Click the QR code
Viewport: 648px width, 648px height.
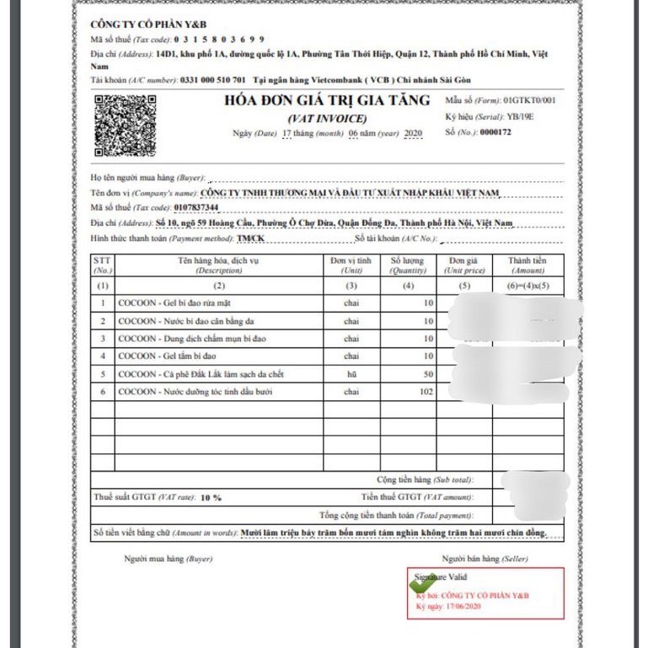click(125, 126)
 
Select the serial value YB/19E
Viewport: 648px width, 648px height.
click(521, 116)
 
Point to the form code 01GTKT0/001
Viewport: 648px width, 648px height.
click(530, 100)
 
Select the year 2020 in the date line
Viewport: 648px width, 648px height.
click(413, 134)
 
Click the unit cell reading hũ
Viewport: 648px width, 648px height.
click(351, 373)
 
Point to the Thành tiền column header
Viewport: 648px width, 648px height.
click(528, 265)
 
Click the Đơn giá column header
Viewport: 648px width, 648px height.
click(464, 265)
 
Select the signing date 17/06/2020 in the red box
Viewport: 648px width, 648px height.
click(459, 606)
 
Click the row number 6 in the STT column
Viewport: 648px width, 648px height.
click(102, 392)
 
